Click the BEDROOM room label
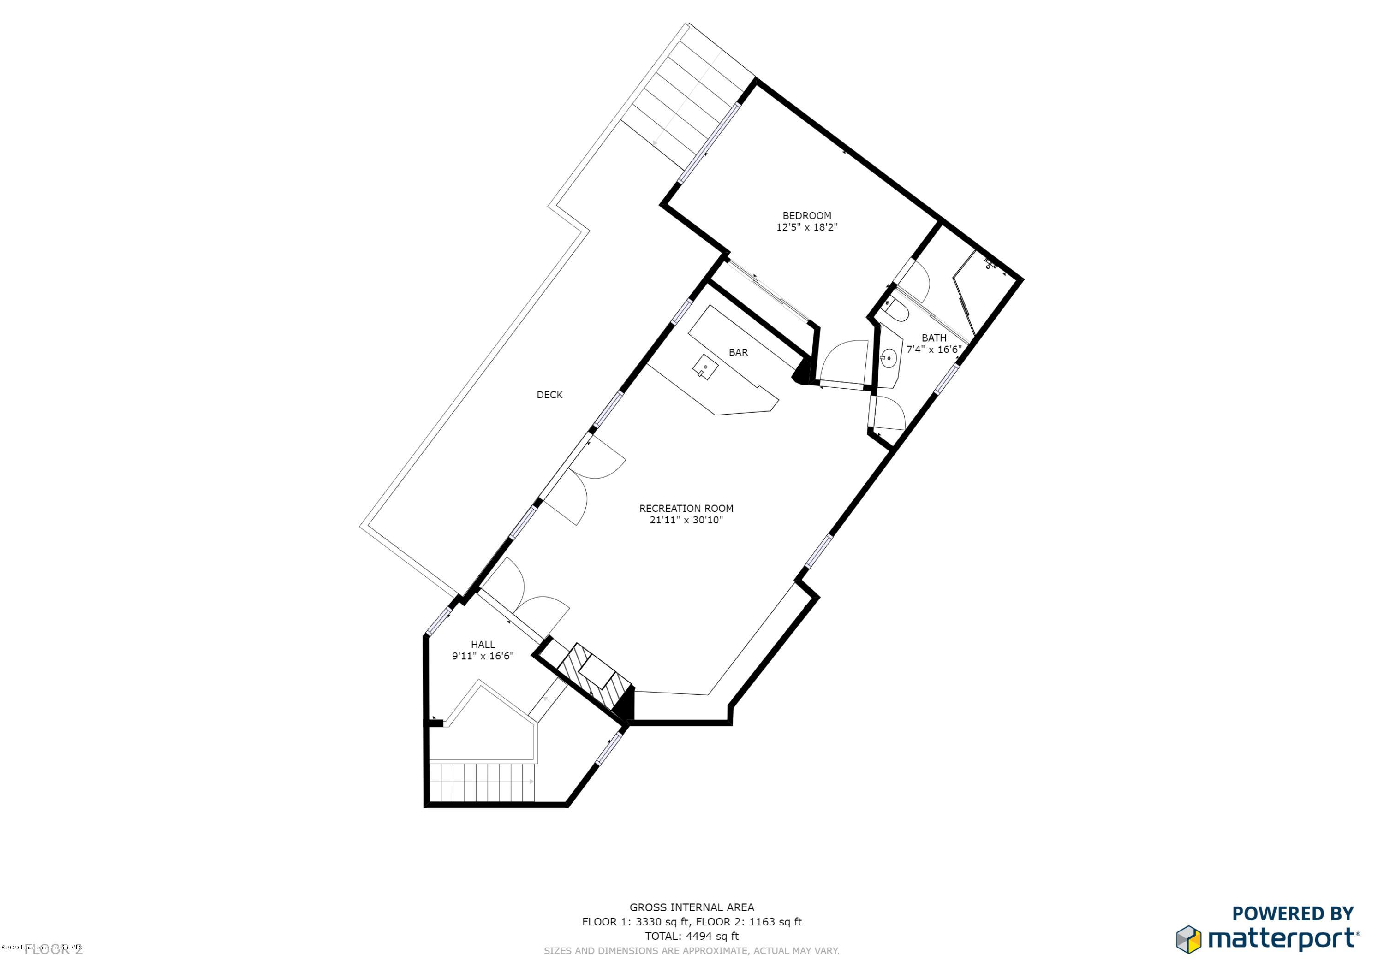click(x=806, y=216)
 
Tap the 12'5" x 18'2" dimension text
click(x=806, y=228)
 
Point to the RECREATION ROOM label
click(x=686, y=509)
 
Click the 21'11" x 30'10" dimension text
click(x=686, y=520)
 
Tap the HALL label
click(x=483, y=645)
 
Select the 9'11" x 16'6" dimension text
click(x=483, y=656)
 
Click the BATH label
click(x=934, y=338)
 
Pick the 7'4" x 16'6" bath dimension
click(x=934, y=350)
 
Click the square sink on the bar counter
click(x=704, y=367)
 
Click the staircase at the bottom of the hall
click(x=482, y=782)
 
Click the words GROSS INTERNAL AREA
click(x=692, y=907)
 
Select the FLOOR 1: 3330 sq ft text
click(x=637, y=921)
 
